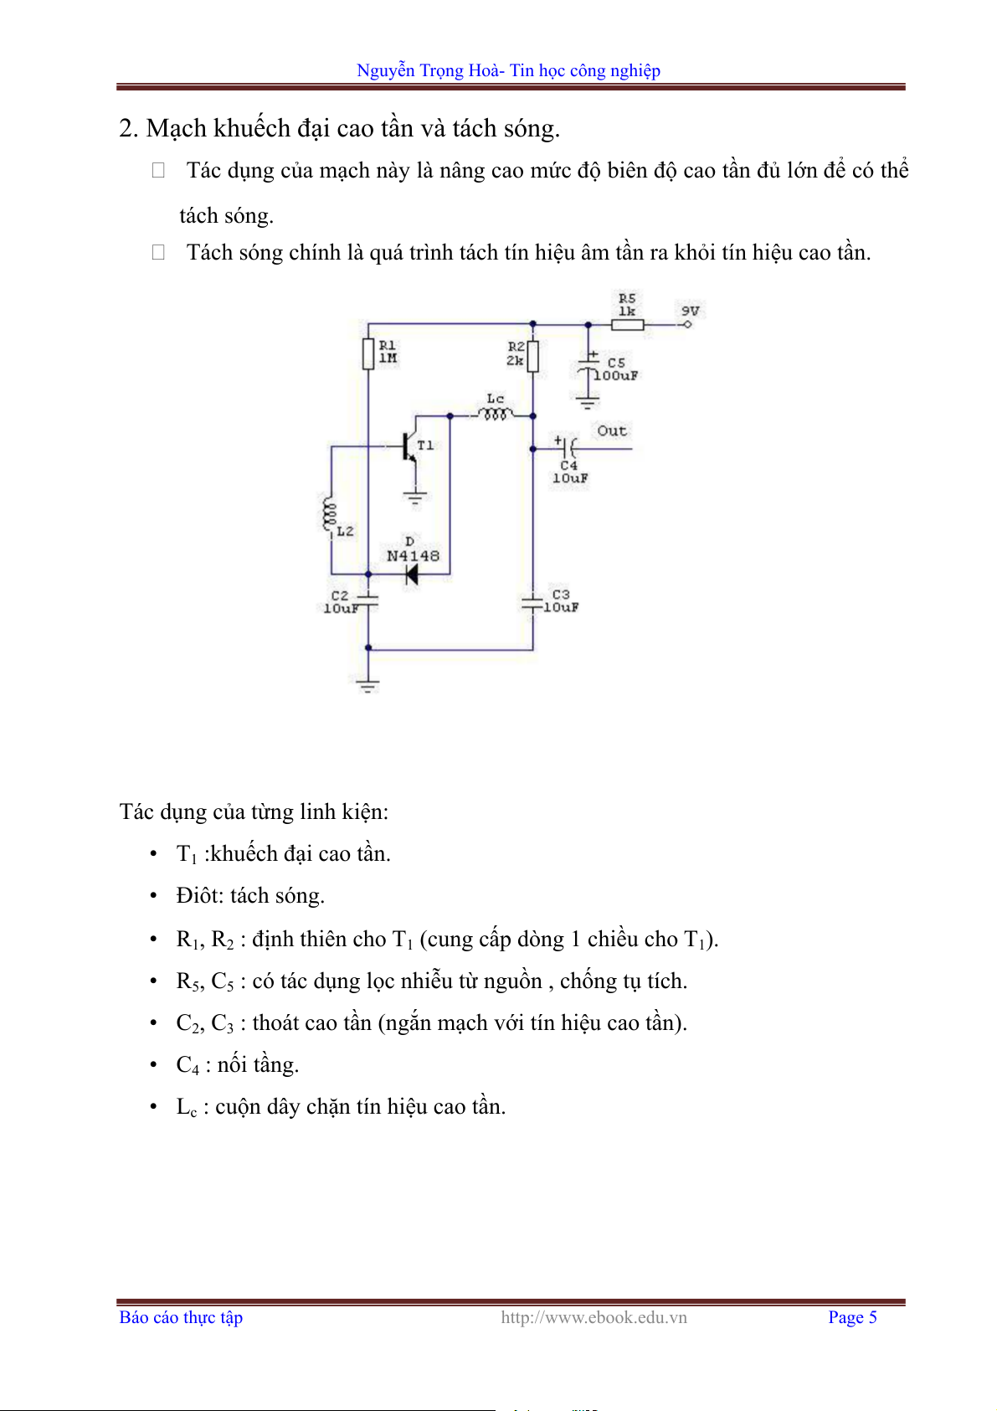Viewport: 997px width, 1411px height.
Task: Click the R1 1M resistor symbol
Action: pyautogui.click(x=368, y=353)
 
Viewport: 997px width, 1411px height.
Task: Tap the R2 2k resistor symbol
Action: pyautogui.click(x=532, y=355)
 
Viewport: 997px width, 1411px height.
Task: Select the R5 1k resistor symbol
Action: pyautogui.click(x=627, y=324)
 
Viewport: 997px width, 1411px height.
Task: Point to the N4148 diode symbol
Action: pyautogui.click(x=411, y=574)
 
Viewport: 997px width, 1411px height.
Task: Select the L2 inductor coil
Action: pyautogui.click(x=328, y=515)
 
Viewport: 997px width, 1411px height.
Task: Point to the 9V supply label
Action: pyautogui.click(x=690, y=311)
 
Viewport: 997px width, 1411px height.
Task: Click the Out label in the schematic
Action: pyautogui.click(x=612, y=431)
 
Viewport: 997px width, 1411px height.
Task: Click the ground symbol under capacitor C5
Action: pyautogui.click(x=588, y=404)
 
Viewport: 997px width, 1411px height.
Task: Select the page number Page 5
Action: pyautogui.click(x=852, y=1317)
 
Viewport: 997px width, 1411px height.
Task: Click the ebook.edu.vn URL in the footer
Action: pyautogui.click(x=594, y=1317)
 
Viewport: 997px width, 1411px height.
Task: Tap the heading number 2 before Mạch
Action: pyautogui.click(x=126, y=129)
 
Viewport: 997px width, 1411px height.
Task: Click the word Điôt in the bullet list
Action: pyautogui.click(x=200, y=896)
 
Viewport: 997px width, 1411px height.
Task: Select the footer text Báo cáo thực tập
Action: pyautogui.click(x=181, y=1317)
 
